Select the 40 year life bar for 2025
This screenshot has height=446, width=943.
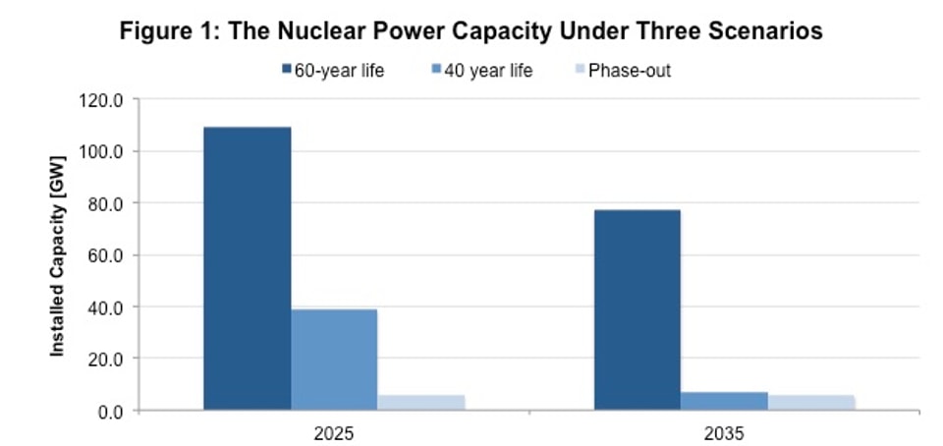point(333,360)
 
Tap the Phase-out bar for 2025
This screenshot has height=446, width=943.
point(420,403)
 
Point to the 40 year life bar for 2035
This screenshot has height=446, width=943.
point(724,401)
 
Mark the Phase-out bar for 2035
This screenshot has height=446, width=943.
point(810,403)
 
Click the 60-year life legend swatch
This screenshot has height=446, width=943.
point(287,71)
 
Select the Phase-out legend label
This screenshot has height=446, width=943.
point(629,71)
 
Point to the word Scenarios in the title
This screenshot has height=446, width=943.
point(757,31)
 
